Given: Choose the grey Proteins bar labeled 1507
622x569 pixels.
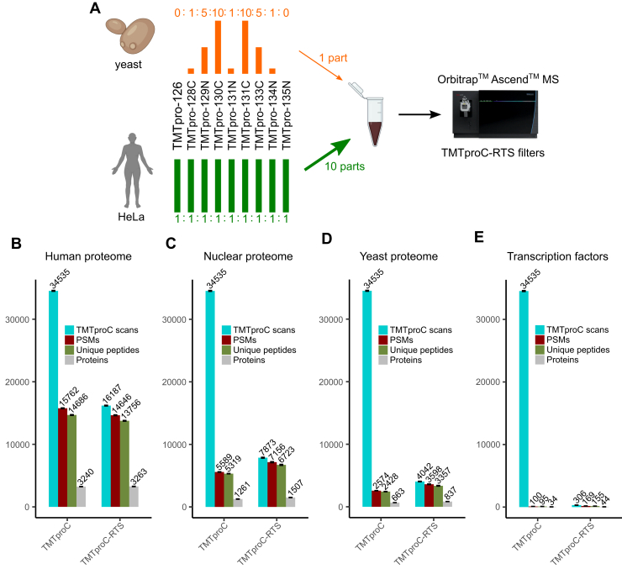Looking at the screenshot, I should pos(291,502).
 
